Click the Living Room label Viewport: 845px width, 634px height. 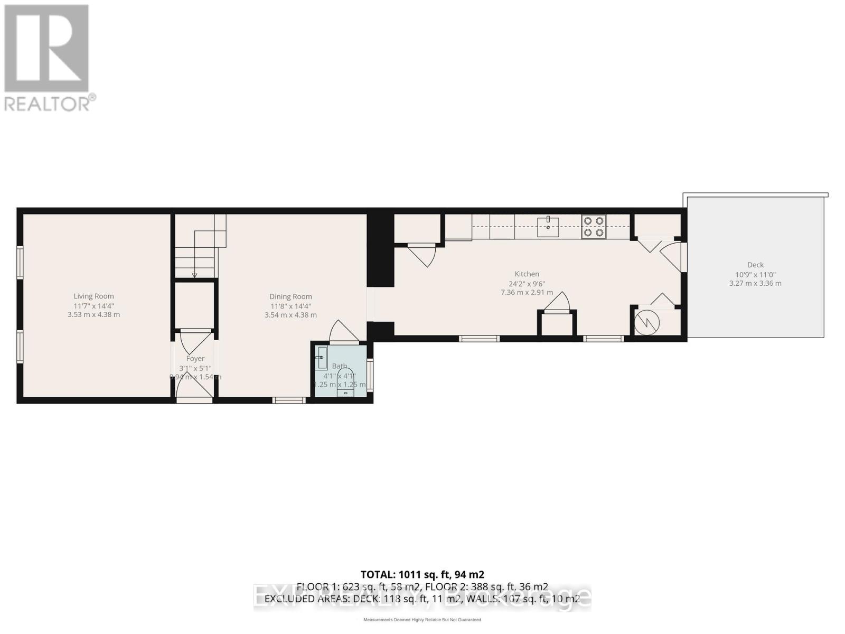point(93,296)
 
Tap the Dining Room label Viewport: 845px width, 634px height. point(290,296)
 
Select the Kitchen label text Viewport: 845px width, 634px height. point(527,274)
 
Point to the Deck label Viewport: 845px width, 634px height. point(755,265)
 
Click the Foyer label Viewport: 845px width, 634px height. point(195,359)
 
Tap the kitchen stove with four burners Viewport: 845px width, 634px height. point(594,227)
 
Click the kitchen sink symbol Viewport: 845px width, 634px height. point(548,227)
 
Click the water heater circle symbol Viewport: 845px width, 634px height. point(647,322)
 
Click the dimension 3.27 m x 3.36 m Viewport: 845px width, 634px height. point(755,283)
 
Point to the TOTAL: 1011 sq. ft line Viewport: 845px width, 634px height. point(422,574)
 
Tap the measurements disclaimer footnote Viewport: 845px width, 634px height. point(422,620)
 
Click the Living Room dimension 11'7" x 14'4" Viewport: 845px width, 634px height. point(93,306)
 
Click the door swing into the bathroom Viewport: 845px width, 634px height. point(343,332)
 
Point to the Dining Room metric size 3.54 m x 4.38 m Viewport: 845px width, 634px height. point(290,315)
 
